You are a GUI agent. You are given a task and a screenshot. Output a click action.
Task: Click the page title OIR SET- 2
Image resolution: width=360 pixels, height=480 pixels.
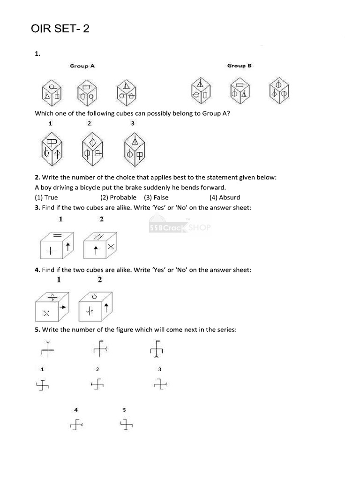60,29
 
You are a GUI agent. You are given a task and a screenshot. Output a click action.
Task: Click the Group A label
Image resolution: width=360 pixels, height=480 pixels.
82,66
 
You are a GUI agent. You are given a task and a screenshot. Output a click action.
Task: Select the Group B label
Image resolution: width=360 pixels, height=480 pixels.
239,66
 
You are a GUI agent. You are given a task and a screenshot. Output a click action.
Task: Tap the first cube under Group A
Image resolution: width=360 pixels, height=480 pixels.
52,92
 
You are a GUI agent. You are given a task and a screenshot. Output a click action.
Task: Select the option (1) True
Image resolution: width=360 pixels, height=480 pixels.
46,197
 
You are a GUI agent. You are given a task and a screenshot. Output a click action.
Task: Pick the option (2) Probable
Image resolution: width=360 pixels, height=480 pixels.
119,197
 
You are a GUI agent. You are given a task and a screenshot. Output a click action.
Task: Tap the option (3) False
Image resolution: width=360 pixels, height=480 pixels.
156,197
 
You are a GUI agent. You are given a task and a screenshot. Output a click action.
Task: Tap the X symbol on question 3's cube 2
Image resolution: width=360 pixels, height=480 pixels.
111,246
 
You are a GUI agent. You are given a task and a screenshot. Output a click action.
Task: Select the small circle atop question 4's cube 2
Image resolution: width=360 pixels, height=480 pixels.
94,297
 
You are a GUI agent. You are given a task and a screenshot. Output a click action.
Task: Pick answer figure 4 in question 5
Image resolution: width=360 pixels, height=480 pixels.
76,425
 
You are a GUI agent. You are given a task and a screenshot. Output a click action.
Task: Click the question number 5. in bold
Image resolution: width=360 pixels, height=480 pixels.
37,330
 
